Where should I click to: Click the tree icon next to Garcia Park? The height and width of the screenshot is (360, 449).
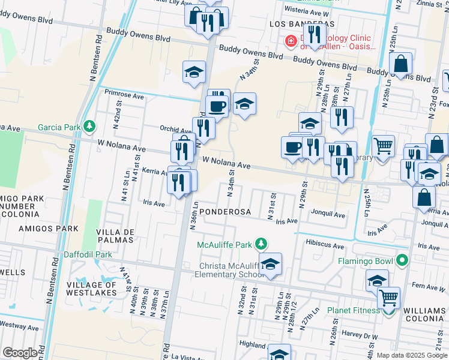89,126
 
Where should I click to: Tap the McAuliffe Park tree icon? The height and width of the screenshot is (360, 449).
261,244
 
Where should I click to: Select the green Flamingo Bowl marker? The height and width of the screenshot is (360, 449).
402,261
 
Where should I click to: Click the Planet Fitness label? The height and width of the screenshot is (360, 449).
353,311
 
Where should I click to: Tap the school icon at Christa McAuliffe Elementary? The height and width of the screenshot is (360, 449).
270,265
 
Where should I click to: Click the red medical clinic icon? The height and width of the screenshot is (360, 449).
291,41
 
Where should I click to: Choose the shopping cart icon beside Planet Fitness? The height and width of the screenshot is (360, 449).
388,296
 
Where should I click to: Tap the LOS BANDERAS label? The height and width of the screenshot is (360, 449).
292,24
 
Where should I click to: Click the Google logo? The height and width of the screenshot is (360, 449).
20,352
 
